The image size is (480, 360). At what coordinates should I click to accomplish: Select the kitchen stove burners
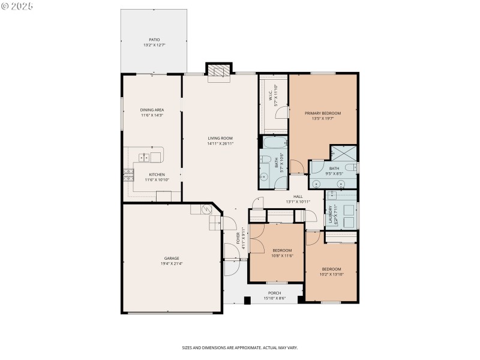128,175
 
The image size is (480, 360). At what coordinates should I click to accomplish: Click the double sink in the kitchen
145,158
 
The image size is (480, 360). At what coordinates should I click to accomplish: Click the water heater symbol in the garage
206,209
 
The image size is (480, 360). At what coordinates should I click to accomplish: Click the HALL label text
298,196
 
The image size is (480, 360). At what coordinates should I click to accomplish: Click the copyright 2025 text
17,6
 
